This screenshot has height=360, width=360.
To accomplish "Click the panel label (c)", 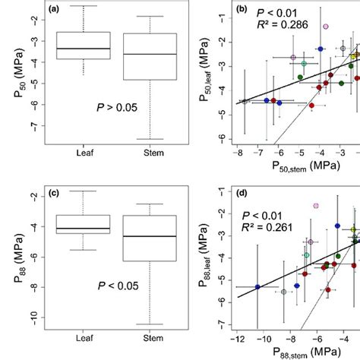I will (x=51, y=192).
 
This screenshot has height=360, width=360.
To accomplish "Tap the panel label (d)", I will (x=245, y=191).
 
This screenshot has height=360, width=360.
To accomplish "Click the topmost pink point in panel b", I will (x=326, y=26).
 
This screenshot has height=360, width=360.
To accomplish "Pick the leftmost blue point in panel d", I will (x=257, y=287).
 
